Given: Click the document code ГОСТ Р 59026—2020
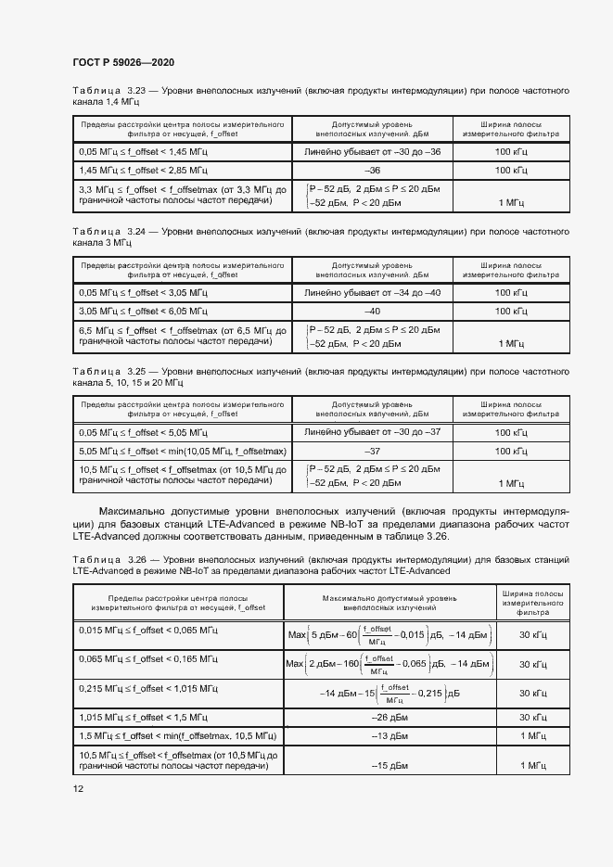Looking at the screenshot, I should pos(123,62).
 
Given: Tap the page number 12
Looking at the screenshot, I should pos(78,788).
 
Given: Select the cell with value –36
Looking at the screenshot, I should pos(373,171).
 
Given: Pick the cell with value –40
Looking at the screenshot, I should pos(373,311).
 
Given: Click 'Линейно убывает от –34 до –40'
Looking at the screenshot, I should pos(373,293).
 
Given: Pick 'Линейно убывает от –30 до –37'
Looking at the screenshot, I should pos(373,433).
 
